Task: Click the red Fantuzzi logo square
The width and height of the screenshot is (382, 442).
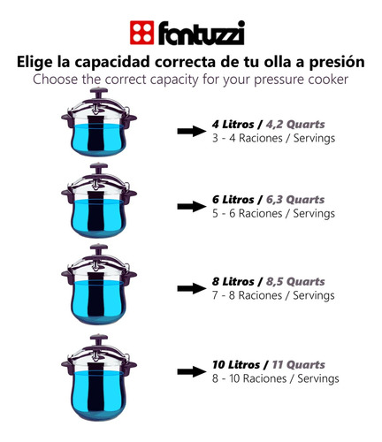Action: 141,33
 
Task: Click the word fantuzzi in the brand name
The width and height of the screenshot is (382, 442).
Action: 202,33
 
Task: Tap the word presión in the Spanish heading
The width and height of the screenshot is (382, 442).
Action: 337,63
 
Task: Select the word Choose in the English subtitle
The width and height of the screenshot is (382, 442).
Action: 55,80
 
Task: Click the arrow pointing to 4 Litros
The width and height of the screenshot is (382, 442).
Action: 191,131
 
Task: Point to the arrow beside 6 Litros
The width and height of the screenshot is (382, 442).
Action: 191,206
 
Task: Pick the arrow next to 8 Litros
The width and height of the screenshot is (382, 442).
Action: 191,288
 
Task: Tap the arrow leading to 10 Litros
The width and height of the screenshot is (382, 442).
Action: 191,371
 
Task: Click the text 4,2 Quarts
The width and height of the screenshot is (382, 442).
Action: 295,125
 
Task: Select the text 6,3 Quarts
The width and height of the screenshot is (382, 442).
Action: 295,200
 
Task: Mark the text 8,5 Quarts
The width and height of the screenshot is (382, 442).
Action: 295,282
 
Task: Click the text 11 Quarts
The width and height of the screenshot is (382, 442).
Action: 298,365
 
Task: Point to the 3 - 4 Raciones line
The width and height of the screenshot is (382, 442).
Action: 273,138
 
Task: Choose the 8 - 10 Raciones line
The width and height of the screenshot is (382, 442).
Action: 276,378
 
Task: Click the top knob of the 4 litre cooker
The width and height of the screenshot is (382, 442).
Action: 99,91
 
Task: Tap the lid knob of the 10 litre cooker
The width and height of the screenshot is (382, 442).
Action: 99,339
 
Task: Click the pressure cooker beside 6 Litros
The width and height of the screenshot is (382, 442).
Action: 99,201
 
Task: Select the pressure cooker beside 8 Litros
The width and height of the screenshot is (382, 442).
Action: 99,284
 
